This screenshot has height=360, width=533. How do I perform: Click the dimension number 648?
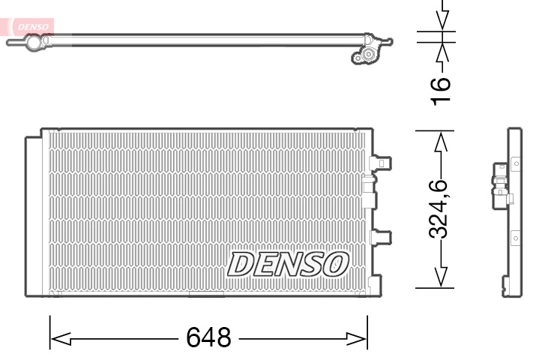pyautogui.click(x=208, y=337)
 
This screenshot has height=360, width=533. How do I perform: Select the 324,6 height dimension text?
pyautogui.click(x=440, y=208)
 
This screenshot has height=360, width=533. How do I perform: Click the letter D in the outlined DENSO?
pyautogui.click(x=241, y=264)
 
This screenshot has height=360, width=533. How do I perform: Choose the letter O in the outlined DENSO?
pyautogui.click(x=334, y=264)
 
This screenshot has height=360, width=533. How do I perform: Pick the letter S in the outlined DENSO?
pyautogui.click(x=310, y=264)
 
